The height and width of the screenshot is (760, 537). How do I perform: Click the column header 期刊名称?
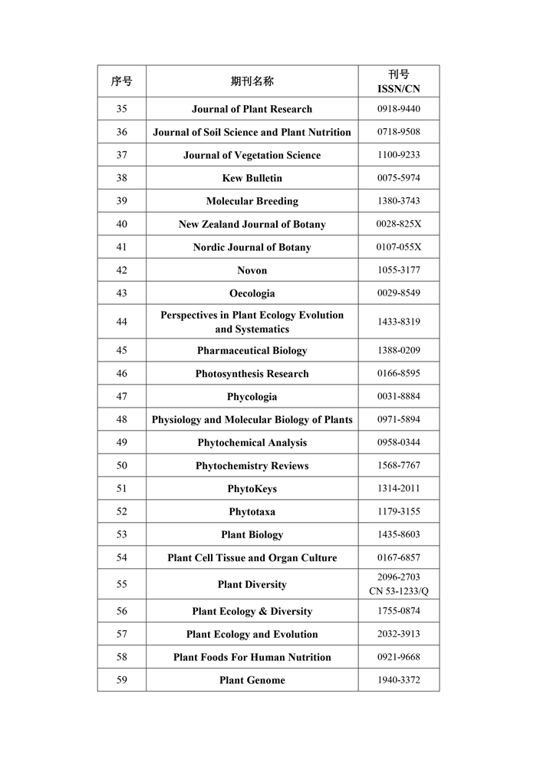[252, 81]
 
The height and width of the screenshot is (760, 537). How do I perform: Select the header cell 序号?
[121, 81]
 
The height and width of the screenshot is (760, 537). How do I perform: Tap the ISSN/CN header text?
[398, 89]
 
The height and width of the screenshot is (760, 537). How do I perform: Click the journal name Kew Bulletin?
[252, 178]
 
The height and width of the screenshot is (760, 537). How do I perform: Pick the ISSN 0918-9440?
[398, 109]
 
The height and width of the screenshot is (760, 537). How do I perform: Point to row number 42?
[121, 270]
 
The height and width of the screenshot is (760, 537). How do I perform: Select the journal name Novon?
[252, 270]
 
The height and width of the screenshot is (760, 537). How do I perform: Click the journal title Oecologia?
[252, 293]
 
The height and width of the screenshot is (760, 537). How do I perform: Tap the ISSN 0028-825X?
[398, 224]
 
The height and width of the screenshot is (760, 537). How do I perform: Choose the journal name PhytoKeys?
[252, 489]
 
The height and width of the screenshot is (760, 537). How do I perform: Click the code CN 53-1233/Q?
[398, 591]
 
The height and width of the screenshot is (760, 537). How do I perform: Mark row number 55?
[121, 584]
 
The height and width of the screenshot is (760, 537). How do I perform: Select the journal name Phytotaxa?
[252, 512]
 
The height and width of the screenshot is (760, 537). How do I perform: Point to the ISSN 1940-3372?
[398, 680]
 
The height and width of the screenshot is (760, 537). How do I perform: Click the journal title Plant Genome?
[252, 680]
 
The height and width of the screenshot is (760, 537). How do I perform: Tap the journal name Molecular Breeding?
[252, 201]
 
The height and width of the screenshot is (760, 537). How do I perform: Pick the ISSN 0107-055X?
[398, 247]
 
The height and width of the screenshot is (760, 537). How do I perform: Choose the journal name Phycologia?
[252, 397]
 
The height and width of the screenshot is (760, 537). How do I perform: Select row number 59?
[121, 680]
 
